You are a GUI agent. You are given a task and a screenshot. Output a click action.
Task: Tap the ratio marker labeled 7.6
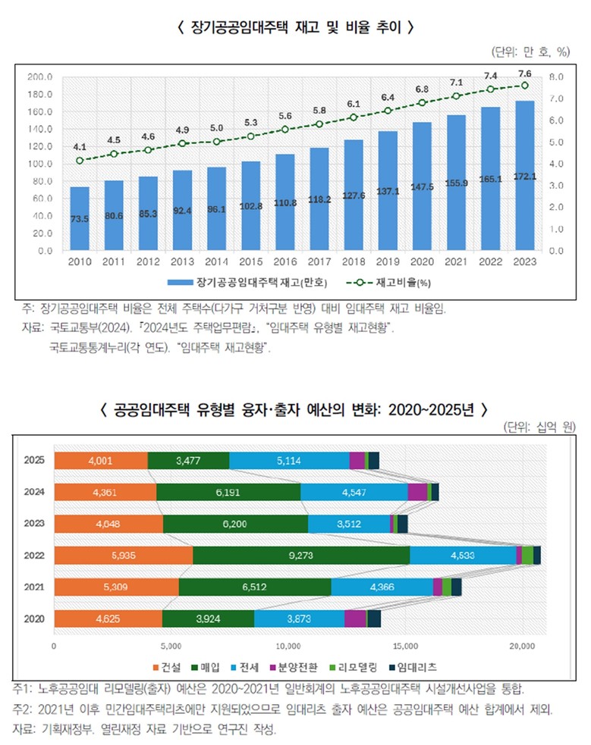pyautogui.click(x=523, y=86)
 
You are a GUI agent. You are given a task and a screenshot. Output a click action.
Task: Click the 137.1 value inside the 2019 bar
pyautogui.click(x=388, y=190)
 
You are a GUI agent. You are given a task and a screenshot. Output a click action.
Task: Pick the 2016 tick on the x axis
pyautogui.click(x=284, y=262)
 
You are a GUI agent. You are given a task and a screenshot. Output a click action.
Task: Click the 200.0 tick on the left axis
pyautogui.click(x=39, y=77)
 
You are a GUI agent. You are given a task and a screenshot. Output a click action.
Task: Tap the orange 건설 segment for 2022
pyautogui.click(x=123, y=556)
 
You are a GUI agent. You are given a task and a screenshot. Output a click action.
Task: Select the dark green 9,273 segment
pyautogui.click(x=301, y=556)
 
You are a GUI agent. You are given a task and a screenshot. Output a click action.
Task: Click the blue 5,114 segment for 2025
pyautogui.click(x=289, y=460)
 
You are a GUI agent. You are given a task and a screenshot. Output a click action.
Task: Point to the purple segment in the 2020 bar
pyautogui.click(x=355, y=618)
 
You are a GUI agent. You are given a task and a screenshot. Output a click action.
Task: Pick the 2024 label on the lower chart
pyautogui.click(x=34, y=492)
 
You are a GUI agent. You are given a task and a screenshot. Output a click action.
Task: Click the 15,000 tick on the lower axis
pyautogui.click(x=405, y=646)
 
